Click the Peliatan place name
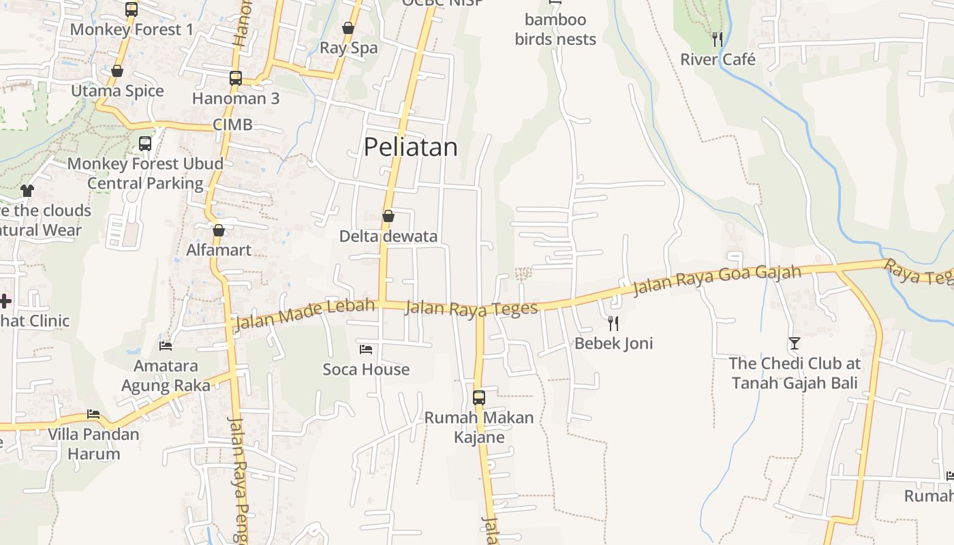coord(410,147)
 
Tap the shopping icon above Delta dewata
coord(388,217)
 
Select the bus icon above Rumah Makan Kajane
coord(479,397)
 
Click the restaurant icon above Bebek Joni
coord(613,323)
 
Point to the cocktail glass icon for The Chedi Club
coord(794,343)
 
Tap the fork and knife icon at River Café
coord(717,40)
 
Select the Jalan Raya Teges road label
coord(471,309)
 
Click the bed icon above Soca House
coord(366,349)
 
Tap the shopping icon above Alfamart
coord(219,230)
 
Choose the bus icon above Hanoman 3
coord(236,78)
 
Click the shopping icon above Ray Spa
coord(348,28)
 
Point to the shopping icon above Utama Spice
coord(117,71)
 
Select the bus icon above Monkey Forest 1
coord(132,10)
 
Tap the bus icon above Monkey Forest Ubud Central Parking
coord(145,144)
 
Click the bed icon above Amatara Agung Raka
coord(166,345)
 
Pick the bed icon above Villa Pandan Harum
coord(93,414)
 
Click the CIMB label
coord(232,125)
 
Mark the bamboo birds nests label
coord(555,29)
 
